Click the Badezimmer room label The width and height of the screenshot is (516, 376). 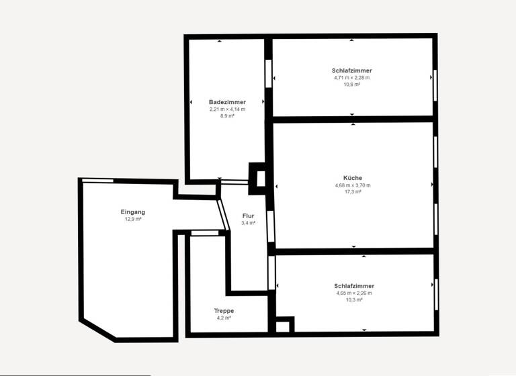point(227,102)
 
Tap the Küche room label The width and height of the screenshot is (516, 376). point(352,178)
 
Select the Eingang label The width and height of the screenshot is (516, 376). point(133,212)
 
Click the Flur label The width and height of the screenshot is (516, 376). point(248,216)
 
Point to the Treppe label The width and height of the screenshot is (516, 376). point(223,310)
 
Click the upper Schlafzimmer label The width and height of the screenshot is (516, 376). point(351,70)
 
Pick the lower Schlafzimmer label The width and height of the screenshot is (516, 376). point(353,286)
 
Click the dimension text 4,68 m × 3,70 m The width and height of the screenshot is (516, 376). point(352,185)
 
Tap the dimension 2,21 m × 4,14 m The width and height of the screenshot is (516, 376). point(227,109)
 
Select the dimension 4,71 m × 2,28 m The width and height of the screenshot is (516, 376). point(351,78)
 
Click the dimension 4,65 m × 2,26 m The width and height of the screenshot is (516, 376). point(353,293)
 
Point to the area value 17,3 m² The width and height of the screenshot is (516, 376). point(352,192)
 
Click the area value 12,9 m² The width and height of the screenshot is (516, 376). point(133,220)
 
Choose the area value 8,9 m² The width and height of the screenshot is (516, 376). point(227,116)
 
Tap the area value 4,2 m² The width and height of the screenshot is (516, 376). point(223,318)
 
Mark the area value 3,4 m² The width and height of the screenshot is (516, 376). point(248,223)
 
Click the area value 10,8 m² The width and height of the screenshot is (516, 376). point(351,85)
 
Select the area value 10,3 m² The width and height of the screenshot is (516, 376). point(353,300)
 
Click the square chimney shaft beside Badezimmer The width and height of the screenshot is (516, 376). point(259,179)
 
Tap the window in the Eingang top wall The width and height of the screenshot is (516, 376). point(98,180)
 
